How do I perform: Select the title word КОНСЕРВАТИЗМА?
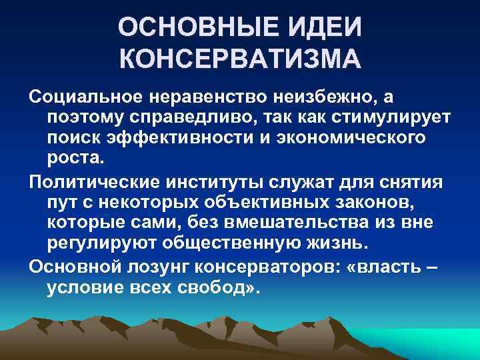pyautogui.click(x=240, y=62)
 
